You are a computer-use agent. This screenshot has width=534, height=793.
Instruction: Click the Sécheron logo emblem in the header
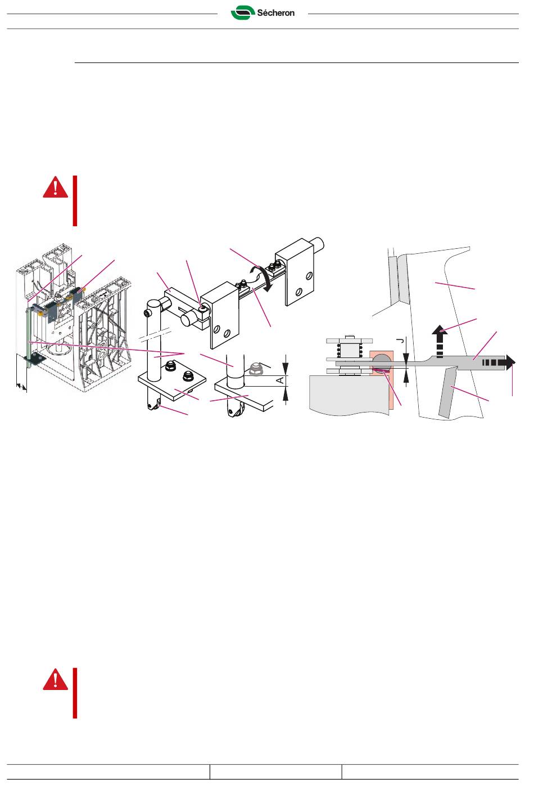[243, 13]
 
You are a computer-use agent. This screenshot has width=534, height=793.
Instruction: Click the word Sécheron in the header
[276, 13]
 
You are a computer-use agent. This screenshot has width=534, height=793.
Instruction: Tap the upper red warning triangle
[56, 187]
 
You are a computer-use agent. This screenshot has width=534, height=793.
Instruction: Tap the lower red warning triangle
[56, 679]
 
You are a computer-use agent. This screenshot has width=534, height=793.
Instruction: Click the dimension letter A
[280, 380]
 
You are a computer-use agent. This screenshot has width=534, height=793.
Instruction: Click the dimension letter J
[400, 341]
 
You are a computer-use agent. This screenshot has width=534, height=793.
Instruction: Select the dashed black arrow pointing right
[499, 362]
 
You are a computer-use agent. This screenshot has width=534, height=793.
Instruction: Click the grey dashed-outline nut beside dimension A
[255, 369]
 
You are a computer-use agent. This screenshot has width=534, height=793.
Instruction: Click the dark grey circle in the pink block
[382, 362]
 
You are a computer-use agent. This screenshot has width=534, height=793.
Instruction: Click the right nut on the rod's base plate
[187, 376]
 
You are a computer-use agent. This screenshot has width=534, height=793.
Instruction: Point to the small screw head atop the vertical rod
[147, 313]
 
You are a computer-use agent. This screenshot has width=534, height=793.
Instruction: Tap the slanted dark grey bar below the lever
[447, 392]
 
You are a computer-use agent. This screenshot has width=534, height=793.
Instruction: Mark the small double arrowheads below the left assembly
[21, 387]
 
